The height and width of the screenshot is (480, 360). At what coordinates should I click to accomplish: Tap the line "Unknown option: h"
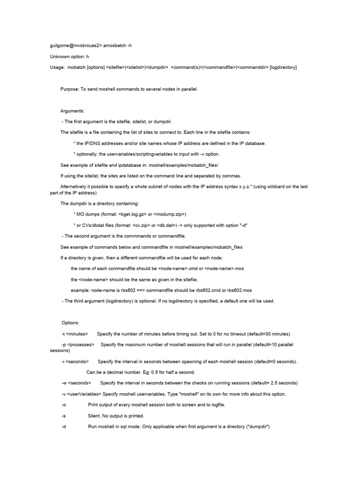tap(69, 57)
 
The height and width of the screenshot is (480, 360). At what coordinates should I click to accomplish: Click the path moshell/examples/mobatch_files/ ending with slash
tap(179, 165)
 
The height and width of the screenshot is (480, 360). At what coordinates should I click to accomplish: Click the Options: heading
tap(71, 323)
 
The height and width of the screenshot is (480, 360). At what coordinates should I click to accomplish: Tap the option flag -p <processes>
tap(78, 345)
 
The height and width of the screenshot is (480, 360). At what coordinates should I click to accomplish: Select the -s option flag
tap(64, 416)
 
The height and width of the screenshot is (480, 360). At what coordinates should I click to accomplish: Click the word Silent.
tap(95, 416)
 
